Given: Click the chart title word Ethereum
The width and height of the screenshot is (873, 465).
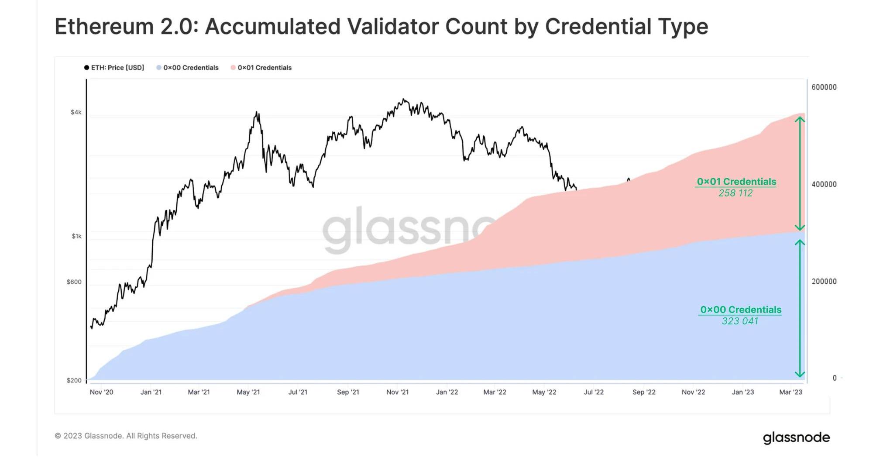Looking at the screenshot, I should coord(104,27).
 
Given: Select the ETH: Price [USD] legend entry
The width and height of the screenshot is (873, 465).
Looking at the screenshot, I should coord(114,68).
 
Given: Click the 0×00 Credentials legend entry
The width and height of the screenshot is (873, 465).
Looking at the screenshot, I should coord(188,68).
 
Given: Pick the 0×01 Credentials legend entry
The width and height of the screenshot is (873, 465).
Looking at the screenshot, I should coord(261,68).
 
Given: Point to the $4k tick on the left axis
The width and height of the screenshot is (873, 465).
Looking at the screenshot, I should coord(76,112).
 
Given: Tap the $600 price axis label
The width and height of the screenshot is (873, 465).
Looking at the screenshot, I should coord(74,282).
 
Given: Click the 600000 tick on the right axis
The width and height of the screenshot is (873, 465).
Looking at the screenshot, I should coord(824,87).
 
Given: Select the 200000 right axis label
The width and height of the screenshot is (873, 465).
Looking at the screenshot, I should coord(824,282).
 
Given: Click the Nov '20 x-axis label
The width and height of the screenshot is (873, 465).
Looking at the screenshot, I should coord(101,392).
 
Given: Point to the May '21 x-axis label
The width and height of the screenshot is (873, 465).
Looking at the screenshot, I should coord(248,392).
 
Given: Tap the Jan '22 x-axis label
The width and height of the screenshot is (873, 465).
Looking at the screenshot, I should coord(447,392).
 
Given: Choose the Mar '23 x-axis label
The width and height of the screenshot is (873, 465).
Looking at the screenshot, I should coord(791,392).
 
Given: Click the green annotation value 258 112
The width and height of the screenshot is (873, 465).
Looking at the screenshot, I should coord(736,193).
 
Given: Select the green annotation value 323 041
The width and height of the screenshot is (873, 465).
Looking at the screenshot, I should coord(740,321).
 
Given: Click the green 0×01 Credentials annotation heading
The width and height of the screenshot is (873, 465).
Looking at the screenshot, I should coord(736,182).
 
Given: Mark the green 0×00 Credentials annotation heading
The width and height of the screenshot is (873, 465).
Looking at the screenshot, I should coord(740,310).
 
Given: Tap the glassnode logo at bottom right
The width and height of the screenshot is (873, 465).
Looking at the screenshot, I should coord(796,437).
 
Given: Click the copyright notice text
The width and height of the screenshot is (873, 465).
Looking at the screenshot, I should coord(126,436).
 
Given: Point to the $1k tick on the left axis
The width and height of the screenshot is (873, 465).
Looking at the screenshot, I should coord(76,236).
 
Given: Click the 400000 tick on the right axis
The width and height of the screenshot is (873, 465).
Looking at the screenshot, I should coord(824,184).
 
